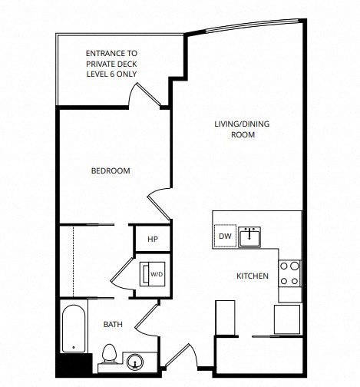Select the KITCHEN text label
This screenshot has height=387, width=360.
(251, 276)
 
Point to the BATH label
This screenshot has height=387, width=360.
(113, 325)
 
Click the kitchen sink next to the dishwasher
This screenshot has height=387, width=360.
(249, 237)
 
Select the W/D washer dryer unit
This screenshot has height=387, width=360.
(151, 274)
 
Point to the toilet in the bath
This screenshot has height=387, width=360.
(108, 356)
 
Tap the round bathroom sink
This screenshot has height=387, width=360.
(137, 360)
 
